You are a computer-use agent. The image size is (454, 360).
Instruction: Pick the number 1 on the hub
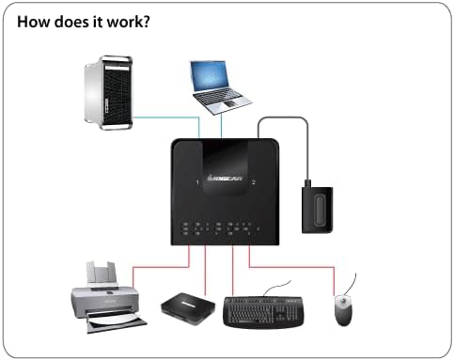196,180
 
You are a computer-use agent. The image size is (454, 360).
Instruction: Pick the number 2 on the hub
254,180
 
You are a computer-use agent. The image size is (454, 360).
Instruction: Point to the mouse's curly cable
351,283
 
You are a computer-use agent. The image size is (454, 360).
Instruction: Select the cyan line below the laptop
223,127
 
